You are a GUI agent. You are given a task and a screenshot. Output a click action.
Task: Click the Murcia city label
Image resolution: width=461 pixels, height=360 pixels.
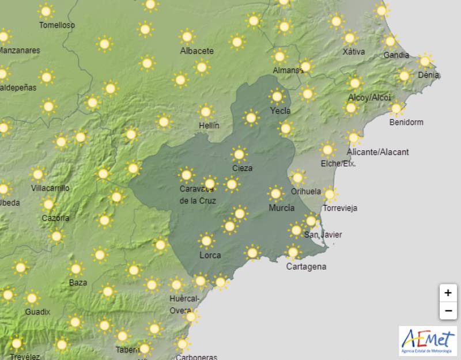tap(281, 208)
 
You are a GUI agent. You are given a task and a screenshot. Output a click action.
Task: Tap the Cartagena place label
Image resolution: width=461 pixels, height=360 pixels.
tap(306, 267)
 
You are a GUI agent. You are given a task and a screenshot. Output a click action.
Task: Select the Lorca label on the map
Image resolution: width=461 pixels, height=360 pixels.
tap(210, 255)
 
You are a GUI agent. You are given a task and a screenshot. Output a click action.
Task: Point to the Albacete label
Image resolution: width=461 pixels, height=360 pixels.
tap(197, 51)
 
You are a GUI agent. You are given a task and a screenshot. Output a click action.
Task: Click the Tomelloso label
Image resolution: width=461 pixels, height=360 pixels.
tap(56, 25)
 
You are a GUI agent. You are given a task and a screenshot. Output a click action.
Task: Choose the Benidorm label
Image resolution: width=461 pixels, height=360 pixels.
tap(406, 122)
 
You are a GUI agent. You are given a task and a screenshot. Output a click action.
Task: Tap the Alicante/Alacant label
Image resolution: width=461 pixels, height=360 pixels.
tap(377, 152)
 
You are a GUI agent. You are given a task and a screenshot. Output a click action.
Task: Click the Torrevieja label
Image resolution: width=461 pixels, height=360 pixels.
tap(339, 208)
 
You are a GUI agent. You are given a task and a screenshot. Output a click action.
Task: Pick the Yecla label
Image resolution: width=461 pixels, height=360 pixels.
tap(280, 111)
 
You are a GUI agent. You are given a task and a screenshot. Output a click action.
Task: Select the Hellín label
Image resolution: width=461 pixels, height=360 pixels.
tap(209, 125)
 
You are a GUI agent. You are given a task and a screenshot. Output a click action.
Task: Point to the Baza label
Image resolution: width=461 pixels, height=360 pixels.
tap(78, 282)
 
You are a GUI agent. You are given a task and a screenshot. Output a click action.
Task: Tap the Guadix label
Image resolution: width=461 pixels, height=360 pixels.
tap(37, 312)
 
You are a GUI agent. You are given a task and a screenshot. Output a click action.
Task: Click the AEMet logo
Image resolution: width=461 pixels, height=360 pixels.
tap(427, 340)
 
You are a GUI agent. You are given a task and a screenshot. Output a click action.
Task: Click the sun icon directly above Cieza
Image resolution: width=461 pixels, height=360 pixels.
tap(239, 154)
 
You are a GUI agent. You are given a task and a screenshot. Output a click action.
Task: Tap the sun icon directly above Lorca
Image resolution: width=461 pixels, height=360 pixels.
tap(206, 241)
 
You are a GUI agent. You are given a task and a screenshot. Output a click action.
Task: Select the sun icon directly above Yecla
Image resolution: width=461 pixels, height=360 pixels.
tap(277, 96)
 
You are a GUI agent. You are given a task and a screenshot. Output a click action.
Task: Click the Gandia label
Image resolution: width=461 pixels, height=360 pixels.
tap(396, 55)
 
